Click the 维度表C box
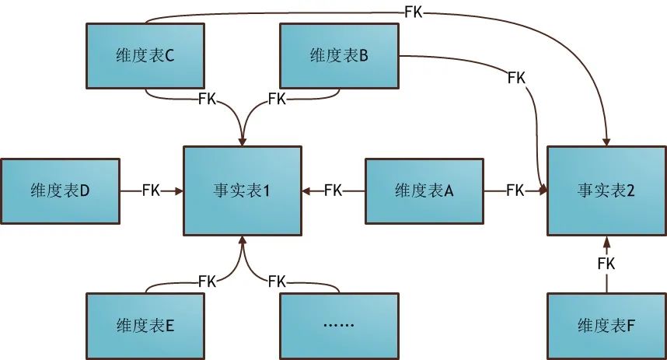point(145,55)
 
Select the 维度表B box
point(338,55)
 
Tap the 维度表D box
point(60,190)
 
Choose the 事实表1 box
point(242,190)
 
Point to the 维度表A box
point(424,190)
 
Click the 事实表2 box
point(606,190)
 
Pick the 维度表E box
point(145,325)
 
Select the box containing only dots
point(338,325)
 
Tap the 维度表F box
point(606,325)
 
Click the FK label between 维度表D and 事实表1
point(152,190)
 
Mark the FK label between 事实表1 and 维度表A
point(333,190)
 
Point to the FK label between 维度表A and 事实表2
point(515,190)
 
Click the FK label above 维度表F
point(606,264)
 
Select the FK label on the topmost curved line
point(414,12)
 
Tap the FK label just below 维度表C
point(207,99)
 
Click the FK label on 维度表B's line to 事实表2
point(515,78)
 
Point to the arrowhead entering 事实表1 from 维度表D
point(178,190)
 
